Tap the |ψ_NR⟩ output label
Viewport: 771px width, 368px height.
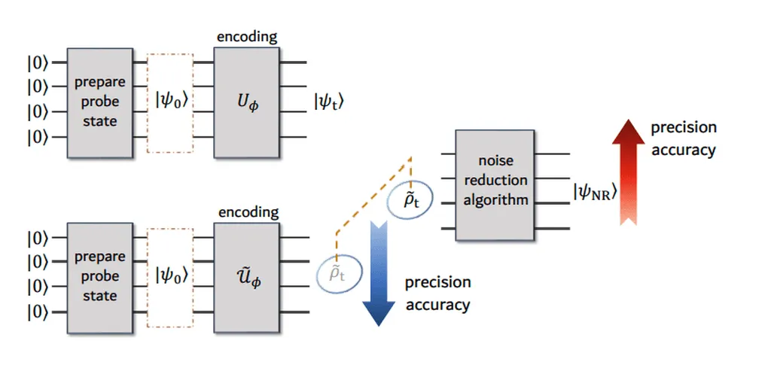coord(595,193)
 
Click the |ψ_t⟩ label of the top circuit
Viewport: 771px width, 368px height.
coord(330,102)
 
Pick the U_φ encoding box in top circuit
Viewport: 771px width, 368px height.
coord(247,102)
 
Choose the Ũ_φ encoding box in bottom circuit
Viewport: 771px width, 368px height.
coord(247,275)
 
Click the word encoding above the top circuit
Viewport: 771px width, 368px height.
coord(246,36)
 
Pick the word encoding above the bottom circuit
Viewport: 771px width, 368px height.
coord(248,212)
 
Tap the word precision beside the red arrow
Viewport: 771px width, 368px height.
coord(684,128)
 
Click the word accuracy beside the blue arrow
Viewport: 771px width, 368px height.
coord(437,305)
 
